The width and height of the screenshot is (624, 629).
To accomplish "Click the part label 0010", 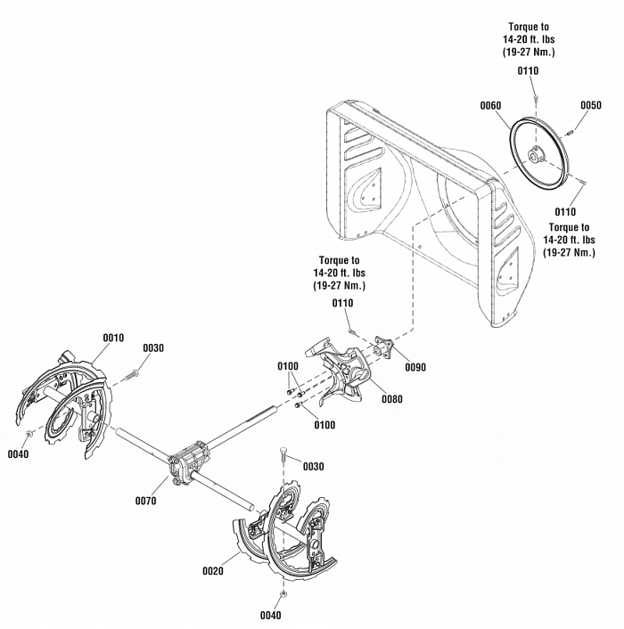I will point(113,338).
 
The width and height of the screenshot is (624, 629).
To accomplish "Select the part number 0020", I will point(212,571).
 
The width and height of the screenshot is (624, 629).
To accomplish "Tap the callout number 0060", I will point(490,105).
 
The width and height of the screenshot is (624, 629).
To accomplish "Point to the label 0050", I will point(591,105).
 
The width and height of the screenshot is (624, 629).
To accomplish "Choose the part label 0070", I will point(145,501).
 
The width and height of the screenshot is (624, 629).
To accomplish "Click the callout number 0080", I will point(392,399).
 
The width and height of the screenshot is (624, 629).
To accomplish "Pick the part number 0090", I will point(415,367).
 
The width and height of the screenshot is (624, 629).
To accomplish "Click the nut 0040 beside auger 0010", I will point(31,434).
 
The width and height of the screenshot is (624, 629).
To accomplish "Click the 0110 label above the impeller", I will point(343,304).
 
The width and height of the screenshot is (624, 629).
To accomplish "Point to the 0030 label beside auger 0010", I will point(153,347).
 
